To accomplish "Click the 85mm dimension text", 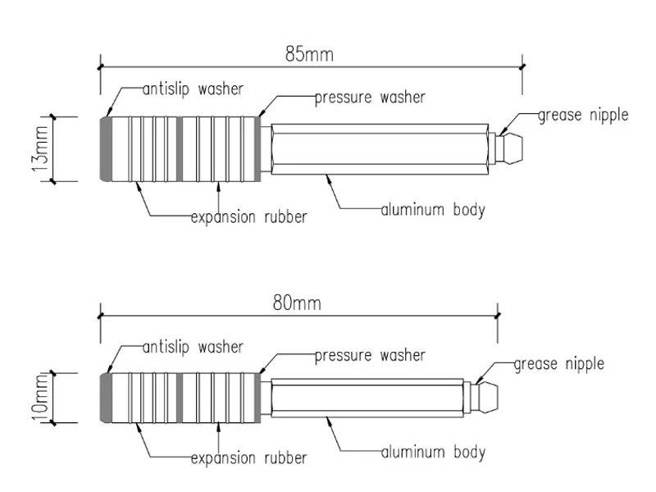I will (309, 55).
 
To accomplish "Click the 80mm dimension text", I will (297, 303).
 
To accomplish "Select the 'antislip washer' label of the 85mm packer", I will (193, 88).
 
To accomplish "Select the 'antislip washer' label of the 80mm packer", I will (193, 347).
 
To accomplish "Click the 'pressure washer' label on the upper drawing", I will (370, 98).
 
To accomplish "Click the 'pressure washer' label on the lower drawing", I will (370, 356).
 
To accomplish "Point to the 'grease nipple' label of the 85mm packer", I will (583, 115).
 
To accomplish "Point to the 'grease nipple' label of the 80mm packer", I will (558, 362).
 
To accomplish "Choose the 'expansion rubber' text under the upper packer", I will (248, 217).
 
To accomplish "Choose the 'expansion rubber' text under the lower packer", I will (248, 457).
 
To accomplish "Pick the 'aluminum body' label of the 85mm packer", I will (432, 209).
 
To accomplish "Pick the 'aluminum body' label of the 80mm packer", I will (432, 451).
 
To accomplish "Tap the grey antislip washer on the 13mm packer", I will (107, 148).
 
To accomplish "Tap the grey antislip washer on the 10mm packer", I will (106, 398).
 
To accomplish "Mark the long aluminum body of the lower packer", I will (369, 398).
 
